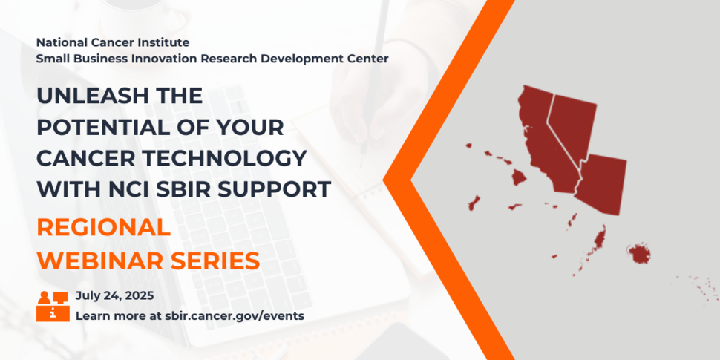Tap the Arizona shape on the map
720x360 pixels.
602,183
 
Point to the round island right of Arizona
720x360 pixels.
639,255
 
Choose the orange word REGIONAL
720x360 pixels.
104,227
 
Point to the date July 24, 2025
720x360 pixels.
115,295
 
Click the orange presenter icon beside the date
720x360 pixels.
53,305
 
